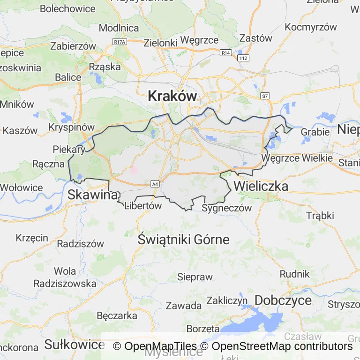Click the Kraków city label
point(172,96)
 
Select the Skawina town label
point(92,195)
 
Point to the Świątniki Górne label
point(184,240)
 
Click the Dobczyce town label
point(283,300)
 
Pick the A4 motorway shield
point(155,183)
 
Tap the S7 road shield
point(265,96)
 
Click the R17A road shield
point(120,42)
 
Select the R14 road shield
point(226,53)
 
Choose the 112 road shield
point(243,58)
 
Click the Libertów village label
point(143,206)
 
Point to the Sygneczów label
point(226,208)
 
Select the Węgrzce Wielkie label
point(297,158)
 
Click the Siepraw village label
point(195,277)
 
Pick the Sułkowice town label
point(74,345)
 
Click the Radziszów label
point(80,243)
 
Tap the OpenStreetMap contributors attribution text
point(282,346)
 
